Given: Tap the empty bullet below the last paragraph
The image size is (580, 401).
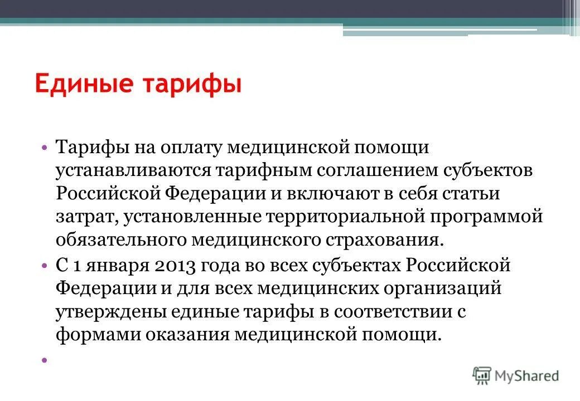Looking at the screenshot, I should (43, 360).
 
